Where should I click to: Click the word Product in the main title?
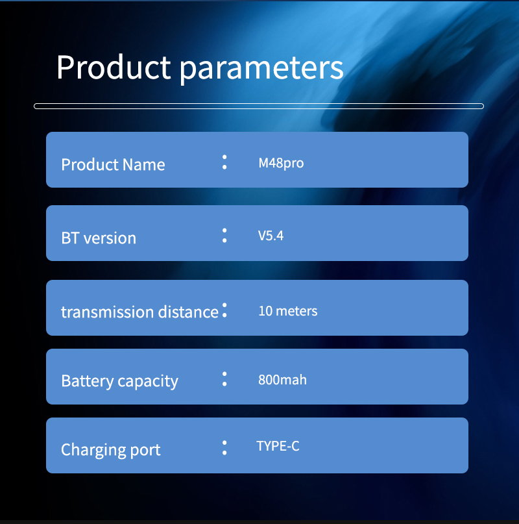[x=114, y=67]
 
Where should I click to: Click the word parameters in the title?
[x=261, y=69]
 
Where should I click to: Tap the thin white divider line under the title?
[x=259, y=106]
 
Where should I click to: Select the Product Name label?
[x=113, y=164]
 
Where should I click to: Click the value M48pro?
[x=281, y=163]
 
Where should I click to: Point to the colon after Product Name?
[x=224, y=162]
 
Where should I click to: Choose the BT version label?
[x=99, y=238]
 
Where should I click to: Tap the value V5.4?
[x=271, y=236]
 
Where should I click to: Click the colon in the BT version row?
[x=224, y=236]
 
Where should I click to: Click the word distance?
[x=188, y=312]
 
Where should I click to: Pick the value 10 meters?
[x=288, y=311]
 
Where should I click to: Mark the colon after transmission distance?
[x=224, y=310]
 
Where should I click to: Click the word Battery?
[x=88, y=381]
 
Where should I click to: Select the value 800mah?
[x=282, y=380]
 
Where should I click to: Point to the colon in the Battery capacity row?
[x=224, y=379]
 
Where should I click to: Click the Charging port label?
[x=110, y=450]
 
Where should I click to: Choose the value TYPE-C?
[x=278, y=446]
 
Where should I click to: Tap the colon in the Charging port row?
[x=224, y=448]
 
